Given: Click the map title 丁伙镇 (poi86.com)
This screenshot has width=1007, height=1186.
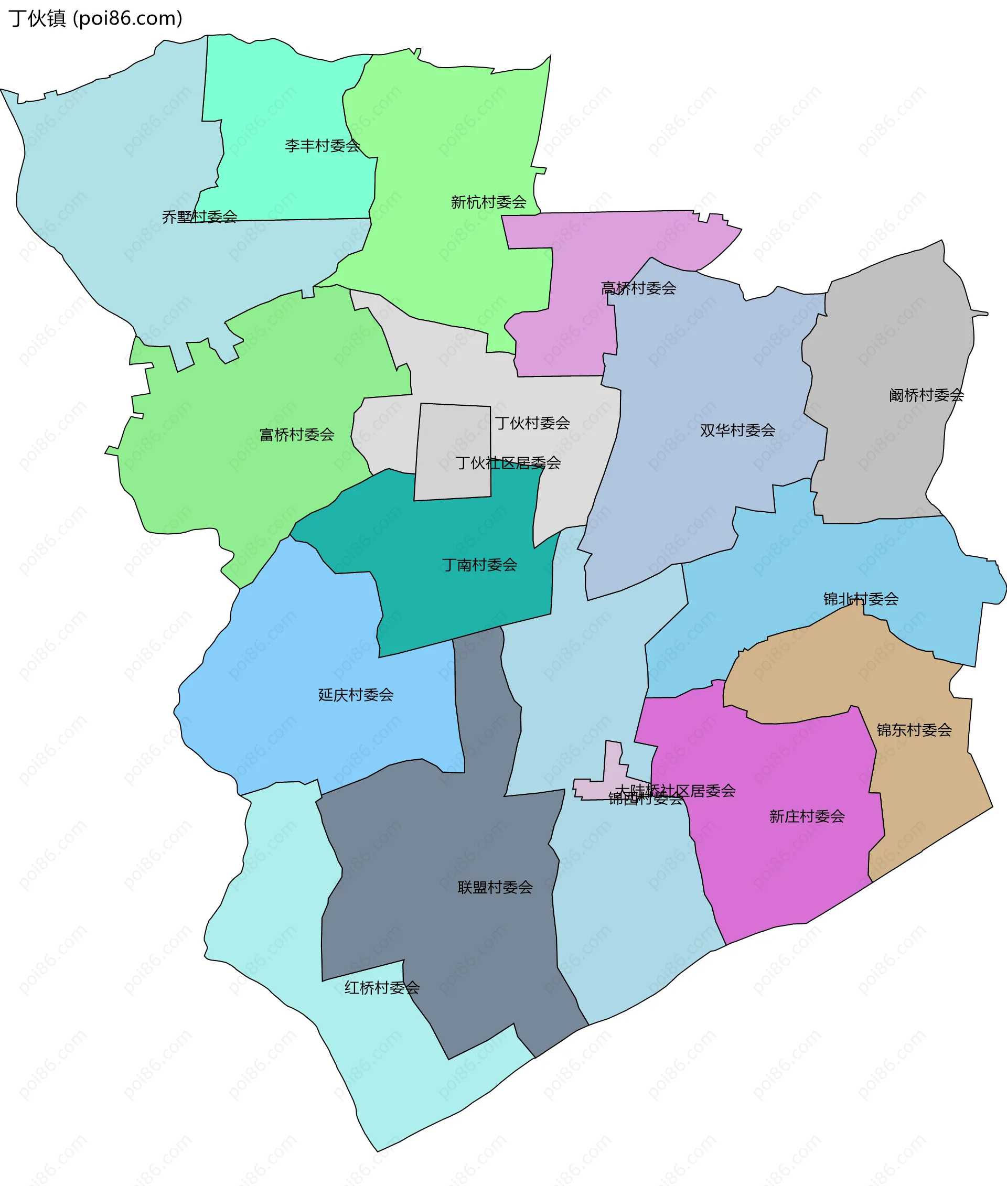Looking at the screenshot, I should tap(95, 19).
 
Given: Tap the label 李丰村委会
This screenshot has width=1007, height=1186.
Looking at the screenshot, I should tap(323, 146).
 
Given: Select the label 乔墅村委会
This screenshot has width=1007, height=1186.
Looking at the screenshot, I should tap(199, 217).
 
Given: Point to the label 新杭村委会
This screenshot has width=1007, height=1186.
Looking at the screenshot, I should tap(489, 202).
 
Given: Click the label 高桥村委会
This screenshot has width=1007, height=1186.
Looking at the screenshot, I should tap(638, 288).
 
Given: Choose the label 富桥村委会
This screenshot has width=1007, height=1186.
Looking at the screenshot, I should tap(297, 435).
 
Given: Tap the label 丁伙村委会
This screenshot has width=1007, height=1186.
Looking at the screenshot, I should tap(532, 423).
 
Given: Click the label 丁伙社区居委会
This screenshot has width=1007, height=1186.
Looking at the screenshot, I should tap(508, 463).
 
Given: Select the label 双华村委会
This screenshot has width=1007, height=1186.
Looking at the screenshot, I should tap(737, 430).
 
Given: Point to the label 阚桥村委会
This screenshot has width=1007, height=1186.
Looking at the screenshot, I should tap(926, 395).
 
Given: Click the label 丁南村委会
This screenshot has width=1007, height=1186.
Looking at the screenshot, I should tap(479, 565).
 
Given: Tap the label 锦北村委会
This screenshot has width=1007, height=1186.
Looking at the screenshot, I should tap(861, 599).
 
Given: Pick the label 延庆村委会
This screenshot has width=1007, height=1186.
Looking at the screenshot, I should tap(356, 695).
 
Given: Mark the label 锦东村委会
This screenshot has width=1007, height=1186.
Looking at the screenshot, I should tap(914, 729).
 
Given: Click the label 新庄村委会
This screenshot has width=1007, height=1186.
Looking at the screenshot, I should tap(807, 816).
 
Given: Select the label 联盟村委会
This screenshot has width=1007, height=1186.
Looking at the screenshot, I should tap(495, 888).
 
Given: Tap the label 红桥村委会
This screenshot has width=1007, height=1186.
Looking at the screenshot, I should tap(382, 987).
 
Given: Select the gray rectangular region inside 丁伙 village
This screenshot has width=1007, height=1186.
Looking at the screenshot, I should tap(453, 451).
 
